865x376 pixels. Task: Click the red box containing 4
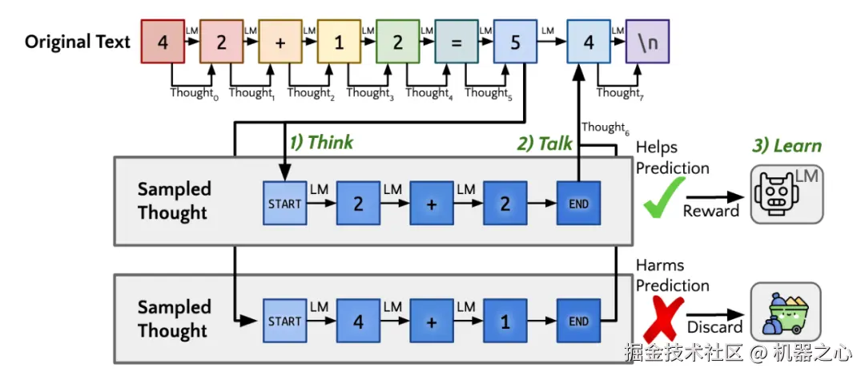(163, 42)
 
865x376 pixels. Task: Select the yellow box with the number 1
(339, 42)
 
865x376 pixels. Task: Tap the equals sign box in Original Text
(457, 42)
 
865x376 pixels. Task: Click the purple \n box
(647, 42)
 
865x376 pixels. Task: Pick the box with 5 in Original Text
(515, 42)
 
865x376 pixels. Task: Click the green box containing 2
(397, 42)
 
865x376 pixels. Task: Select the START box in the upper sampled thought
(284, 204)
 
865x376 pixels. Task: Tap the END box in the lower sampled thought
(578, 321)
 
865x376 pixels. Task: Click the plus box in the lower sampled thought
(431, 321)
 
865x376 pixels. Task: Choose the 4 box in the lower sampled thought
(358, 321)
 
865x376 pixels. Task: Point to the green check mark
(663, 197)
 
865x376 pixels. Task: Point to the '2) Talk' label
(544, 143)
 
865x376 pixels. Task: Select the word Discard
(714, 328)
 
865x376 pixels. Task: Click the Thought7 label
(618, 93)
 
